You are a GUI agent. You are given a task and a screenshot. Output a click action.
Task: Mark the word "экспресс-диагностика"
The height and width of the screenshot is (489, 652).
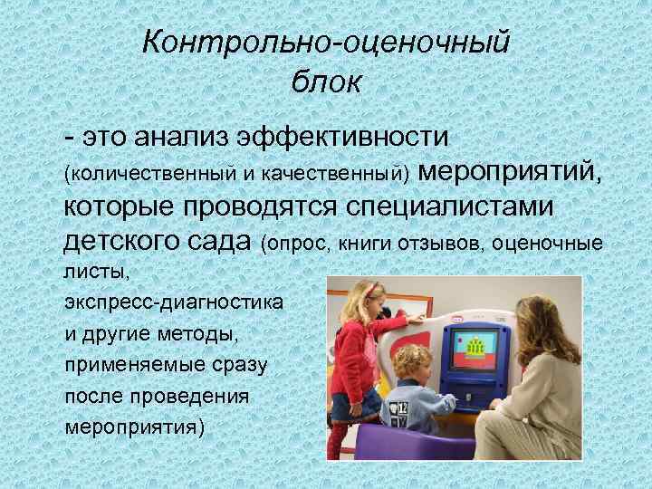pyautogui.click(x=173, y=300)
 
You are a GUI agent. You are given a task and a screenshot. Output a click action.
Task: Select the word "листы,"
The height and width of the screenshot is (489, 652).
pyautogui.click(x=91, y=271)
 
